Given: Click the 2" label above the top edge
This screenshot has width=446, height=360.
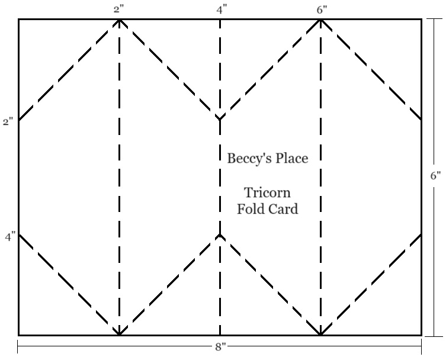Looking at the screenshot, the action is pos(119,9).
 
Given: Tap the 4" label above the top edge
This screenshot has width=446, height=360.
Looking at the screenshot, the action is pos(222,9).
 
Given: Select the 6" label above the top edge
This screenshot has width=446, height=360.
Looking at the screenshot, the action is pos(320,9).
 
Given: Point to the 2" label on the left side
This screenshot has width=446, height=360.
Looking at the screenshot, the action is pos(8,122).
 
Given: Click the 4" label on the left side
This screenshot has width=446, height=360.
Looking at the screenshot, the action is pos(9,237).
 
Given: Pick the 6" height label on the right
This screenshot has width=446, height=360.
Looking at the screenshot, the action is pos(435,176).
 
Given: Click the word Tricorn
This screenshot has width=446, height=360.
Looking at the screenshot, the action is pos(267,193).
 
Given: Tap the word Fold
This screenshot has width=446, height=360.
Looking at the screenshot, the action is pos(251,208).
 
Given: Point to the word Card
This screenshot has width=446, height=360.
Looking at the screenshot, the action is pos(284,208).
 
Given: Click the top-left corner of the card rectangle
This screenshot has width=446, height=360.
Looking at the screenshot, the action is pos(18,20).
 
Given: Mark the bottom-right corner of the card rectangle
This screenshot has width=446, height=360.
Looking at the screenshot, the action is pos(421,335).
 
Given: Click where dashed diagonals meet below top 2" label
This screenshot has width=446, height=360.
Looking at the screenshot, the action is pos(119,20).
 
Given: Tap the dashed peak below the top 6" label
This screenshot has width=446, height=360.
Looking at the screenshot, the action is pos(320,20).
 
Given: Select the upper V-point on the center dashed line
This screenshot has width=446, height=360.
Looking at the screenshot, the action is pos(220,119).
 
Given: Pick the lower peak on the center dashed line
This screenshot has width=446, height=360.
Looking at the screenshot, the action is pos(220,235).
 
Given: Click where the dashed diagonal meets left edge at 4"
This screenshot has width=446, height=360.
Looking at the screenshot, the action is pos(19,234).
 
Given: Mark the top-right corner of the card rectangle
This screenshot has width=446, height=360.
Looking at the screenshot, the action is pos(421,20).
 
